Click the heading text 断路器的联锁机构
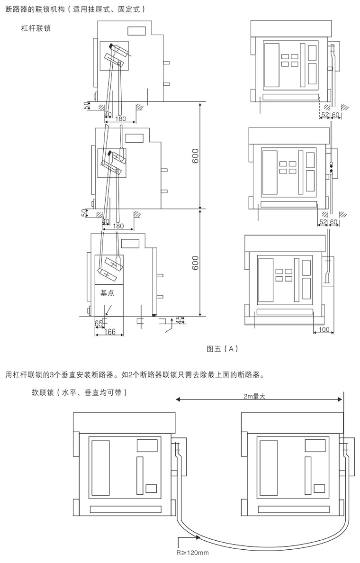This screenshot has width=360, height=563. pyautogui.click(x=36, y=9)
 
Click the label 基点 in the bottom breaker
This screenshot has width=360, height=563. pyautogui.click(x=108, y=293)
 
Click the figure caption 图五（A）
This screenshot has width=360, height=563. pyautogui.click(x=222, y=349)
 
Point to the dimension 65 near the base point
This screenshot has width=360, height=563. pyautogui.click(x=99, y=324)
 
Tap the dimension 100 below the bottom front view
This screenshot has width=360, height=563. pyautogui.click(x=324, y=329)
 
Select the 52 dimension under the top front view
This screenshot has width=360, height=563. pyautogui.click(x=325, y=115)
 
